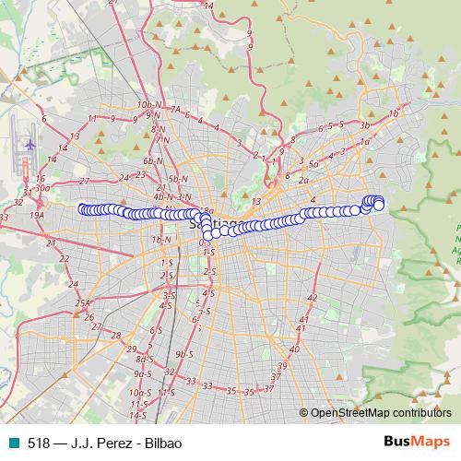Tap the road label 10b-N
point(148,107)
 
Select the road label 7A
point(174,108)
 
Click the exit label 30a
point(41,187)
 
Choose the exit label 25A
point(83,302)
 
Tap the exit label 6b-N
point(153,160)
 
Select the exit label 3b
point(365,124)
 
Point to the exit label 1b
point(395,112)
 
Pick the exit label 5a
point(313,163)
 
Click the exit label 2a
point(303,181)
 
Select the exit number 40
point(293,349)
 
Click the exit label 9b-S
point(184,353)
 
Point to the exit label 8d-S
point(144,358)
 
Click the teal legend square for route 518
point(14,442)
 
